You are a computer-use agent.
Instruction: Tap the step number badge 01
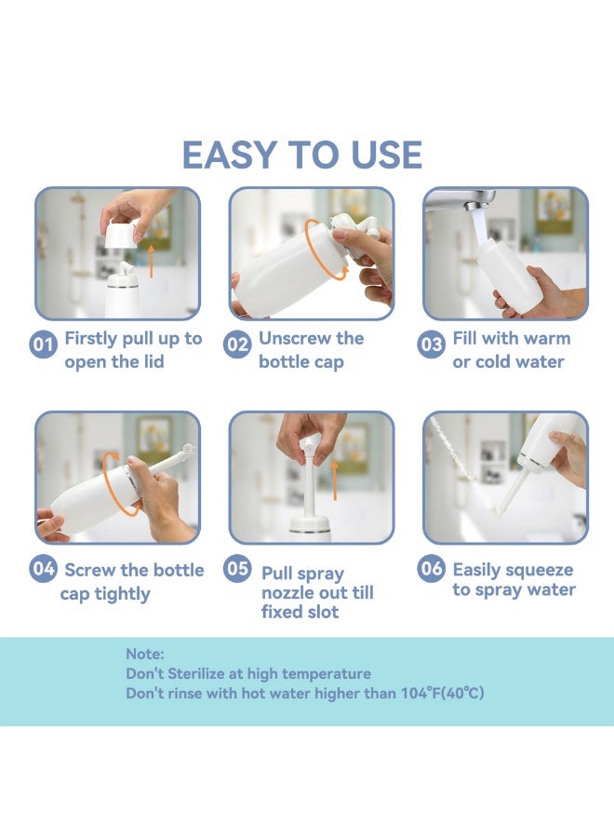(x=43, y=345)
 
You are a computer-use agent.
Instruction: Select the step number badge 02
(x=237, y=345)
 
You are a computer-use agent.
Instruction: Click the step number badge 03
(x=431, y=345)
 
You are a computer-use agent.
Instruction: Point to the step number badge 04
(x=43, y=568)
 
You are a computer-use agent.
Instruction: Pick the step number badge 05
(x=237, y=568)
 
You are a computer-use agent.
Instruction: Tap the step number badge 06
(x=431, y=568)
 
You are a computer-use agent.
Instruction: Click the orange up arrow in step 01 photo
(x=151, y=262)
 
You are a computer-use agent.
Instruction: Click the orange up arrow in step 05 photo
(x=335, y=480)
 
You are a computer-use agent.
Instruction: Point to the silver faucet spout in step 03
(x=460, y=200)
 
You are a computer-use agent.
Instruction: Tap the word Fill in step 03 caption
(x=464, y=338)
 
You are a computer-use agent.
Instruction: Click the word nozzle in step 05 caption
(x=287, y=593)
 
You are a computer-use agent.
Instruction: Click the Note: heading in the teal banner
(x=145, y=654)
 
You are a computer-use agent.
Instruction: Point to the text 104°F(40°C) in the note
(x=443, y=694)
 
